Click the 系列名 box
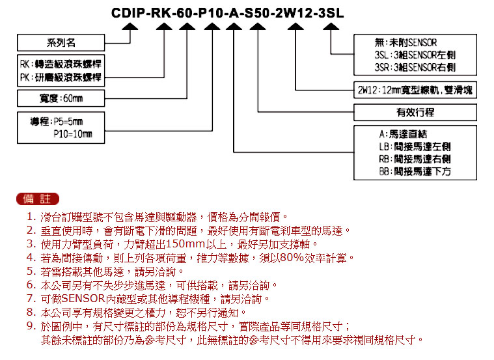click(61, 42)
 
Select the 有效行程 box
click(415, 112)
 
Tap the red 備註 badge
click(38, 199)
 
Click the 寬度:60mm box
click(61, 98)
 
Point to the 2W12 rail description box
click(415, 90)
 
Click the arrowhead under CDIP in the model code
click(130, 27)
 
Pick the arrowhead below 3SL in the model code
click(331, 27)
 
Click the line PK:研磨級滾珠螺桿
click(61, 77)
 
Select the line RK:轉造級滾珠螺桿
click(61, 64)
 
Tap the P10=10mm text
click(73, 134)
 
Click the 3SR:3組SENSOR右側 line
click(415, 67)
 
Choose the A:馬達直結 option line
click(403, 134)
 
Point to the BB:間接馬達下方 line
click(415, 171)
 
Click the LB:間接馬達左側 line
click(415, 146)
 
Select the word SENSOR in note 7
click(83, 299)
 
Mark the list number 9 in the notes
click(31, 325)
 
